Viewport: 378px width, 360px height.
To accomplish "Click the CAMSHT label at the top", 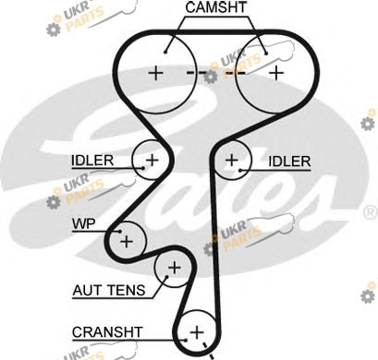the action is point(216,7).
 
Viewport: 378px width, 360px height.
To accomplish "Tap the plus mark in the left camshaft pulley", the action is point(156,73).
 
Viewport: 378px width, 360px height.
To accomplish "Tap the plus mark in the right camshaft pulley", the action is point(276,73).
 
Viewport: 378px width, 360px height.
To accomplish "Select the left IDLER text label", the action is point(92,161).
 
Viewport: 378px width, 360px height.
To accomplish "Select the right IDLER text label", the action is point(289,162).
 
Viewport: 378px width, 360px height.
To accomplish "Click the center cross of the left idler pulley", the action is point(152,160).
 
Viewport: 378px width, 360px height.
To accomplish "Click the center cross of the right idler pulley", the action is point(232,160).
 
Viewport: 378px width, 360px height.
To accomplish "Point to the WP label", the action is point(84,223).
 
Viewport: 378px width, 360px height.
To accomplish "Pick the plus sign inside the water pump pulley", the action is point(127,241).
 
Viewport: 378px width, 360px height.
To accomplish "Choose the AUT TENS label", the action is point(109,290).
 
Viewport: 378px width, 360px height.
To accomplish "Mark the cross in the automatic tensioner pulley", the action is point(175,268).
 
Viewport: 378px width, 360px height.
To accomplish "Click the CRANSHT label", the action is point(107,332).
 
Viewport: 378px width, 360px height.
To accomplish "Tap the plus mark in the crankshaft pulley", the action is point(197,332).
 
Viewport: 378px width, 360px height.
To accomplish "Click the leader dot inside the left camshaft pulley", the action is point(165,52).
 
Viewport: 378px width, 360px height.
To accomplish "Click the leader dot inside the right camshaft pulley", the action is point(266,53).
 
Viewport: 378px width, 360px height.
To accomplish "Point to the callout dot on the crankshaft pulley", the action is point(186,340).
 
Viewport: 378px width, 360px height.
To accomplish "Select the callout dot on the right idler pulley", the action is point(240,170).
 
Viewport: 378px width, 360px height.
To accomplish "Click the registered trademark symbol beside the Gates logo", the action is point(371,213).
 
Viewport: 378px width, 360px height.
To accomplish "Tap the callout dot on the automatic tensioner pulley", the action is point(166,276).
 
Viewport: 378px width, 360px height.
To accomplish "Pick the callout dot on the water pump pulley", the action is point(120,232).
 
